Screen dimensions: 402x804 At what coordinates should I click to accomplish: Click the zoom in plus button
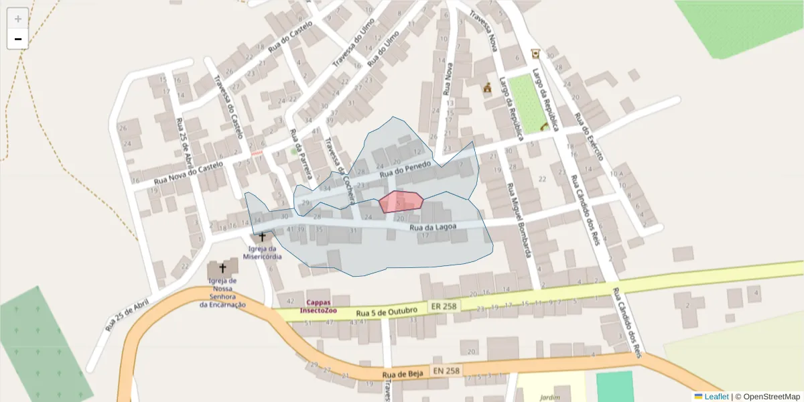pyautogui.click(x=18, y=19)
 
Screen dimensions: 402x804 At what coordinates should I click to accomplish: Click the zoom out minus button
pyautogui.click(x=18, y=39)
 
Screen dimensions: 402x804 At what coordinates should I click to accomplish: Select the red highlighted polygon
pyautogui.click(x=401, y=201)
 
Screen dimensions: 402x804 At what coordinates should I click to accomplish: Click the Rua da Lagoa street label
pyautogui.click(x=433, y=227)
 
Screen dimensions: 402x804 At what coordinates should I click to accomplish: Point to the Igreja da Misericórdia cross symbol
pyautogui.click(x=262, y=237)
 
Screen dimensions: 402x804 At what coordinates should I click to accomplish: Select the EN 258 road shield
pyautogui.click(x=446, y=371)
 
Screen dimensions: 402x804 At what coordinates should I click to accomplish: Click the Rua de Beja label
pyautogui.click(x=403, y=374)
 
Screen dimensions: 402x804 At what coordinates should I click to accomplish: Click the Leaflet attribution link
pyautogui.click(x=716, y=396)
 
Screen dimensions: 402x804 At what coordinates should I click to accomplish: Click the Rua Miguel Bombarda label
pyautogui.click(x=520, y=219)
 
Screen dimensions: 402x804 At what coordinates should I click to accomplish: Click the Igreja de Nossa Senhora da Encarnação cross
pyautogui.click(x=222, y=268)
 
